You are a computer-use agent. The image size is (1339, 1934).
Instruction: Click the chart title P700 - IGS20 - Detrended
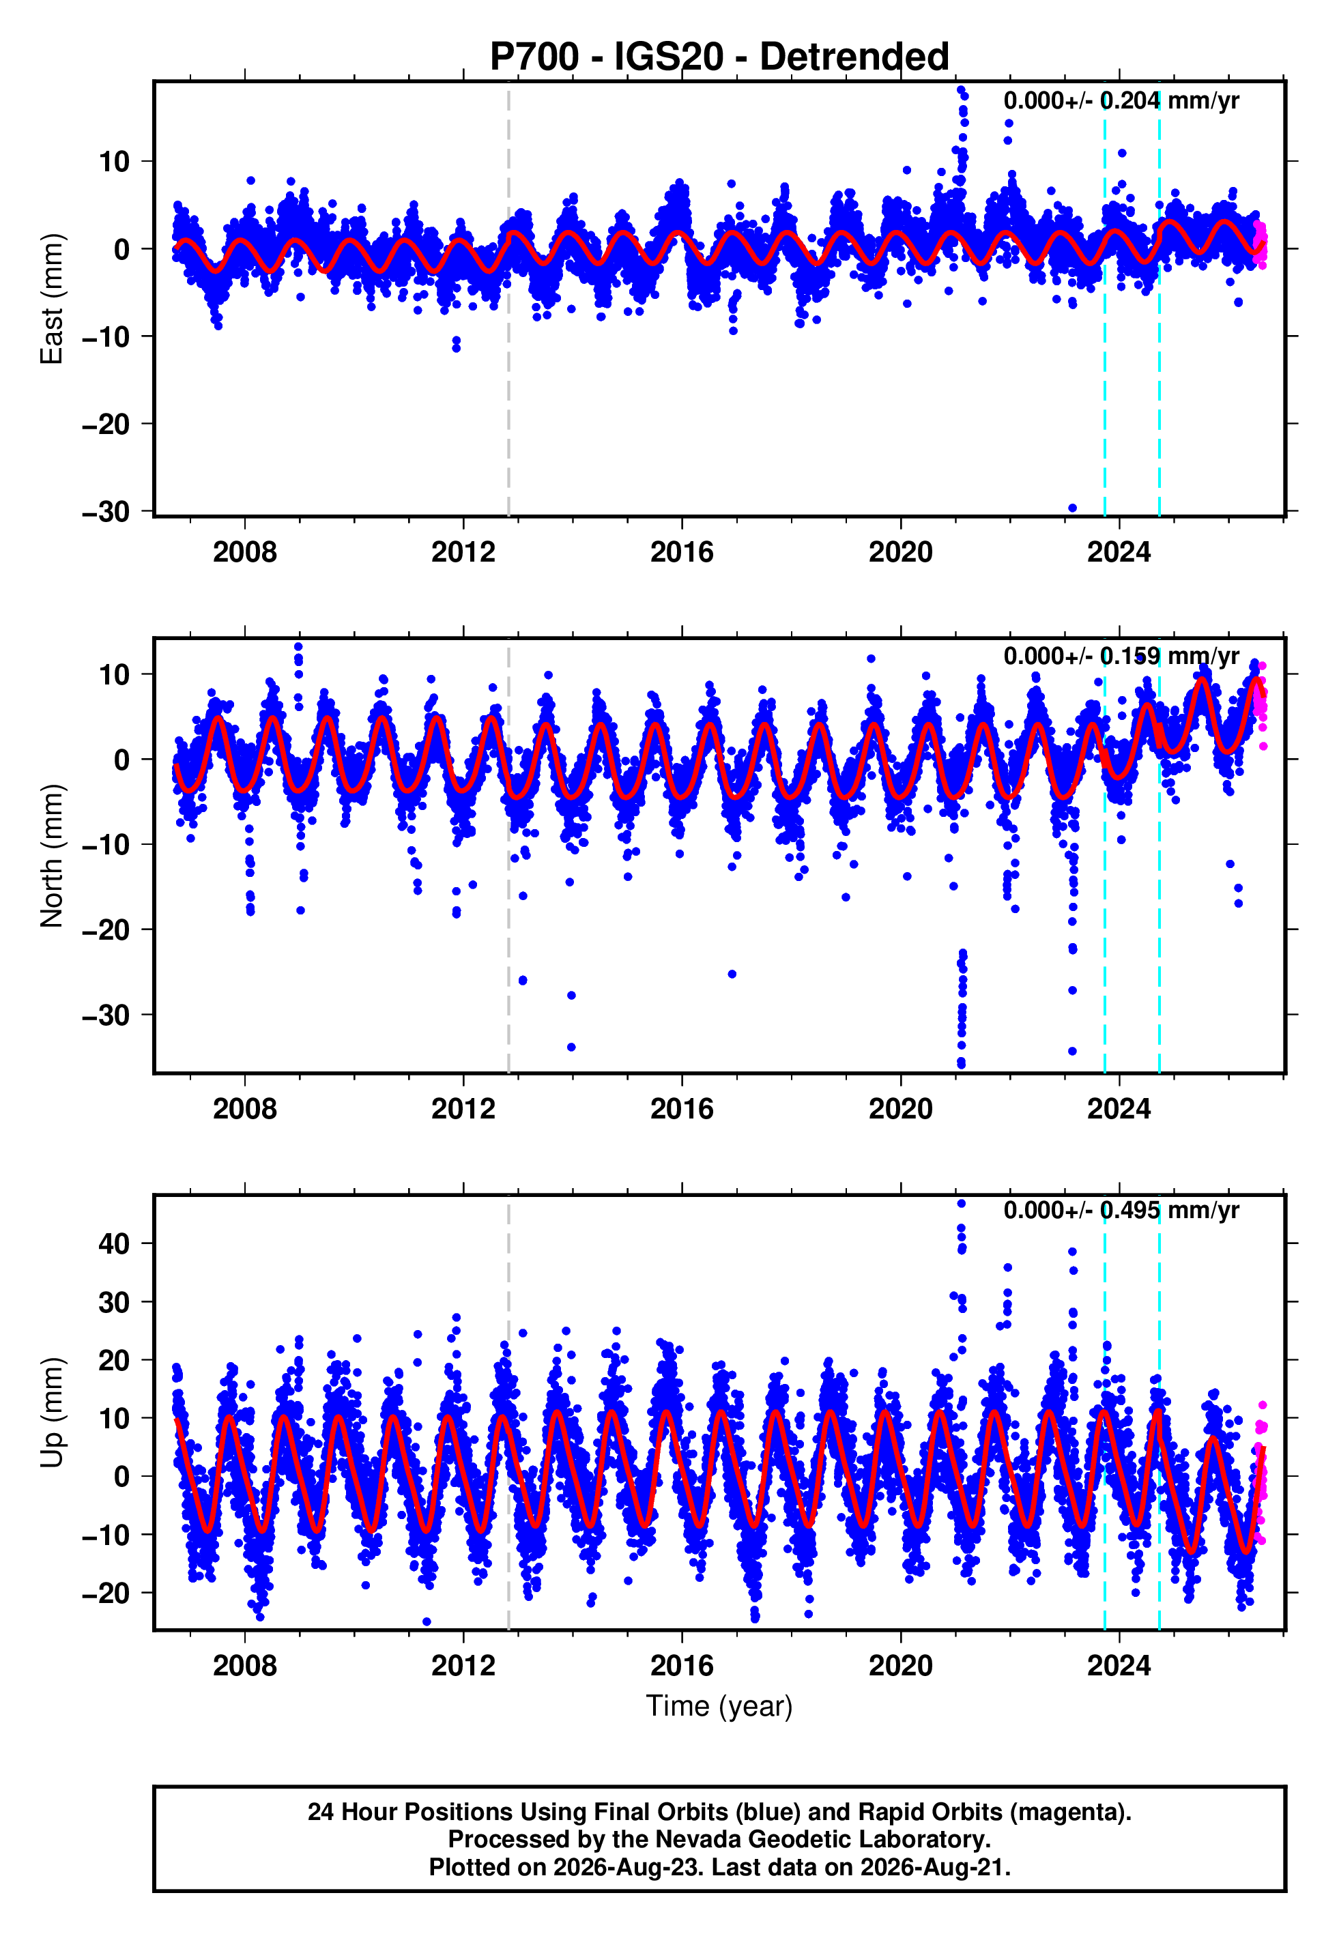(x=719, y=57)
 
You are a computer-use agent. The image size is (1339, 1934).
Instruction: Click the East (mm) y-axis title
(x=52, y=299)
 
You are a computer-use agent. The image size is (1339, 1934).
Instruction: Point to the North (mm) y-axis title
(x=52, y=856)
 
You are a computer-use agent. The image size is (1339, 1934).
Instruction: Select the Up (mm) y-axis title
(x=52, y=1413)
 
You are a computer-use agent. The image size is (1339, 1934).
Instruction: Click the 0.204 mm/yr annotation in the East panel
(x=1170, y=100)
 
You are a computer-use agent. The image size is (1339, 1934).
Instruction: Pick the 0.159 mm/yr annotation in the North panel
(x=1170, y=656)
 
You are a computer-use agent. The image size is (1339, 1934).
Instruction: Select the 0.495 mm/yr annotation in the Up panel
(x=1170, y=1210)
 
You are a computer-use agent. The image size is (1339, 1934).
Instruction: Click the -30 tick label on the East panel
(x=106, y=512)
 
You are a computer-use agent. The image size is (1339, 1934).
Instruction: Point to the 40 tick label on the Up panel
(x=114, y=1244)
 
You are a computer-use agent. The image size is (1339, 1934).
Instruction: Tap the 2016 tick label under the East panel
(x=681, y=552)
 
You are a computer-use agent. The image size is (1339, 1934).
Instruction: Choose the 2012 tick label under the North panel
(x=463, y=1109)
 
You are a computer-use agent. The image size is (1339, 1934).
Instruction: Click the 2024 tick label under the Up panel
(x=1119, y=1666)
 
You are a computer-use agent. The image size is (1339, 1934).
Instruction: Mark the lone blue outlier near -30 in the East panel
(x=1072, y=508)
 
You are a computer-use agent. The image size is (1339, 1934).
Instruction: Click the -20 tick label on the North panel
(x=106, y=930)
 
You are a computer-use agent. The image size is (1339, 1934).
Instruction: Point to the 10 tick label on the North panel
(x=114, y=674)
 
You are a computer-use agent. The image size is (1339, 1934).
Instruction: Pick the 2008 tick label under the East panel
(x=244, y=552)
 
